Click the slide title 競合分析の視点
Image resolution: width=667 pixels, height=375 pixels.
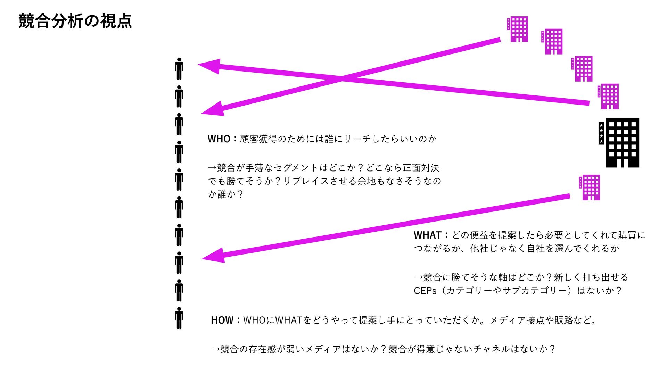tap(75, 21)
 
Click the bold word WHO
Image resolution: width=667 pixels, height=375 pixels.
tap(219, 139)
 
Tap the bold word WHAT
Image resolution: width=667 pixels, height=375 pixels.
tap(427, 235)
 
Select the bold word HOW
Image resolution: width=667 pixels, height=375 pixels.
tap(222, 320)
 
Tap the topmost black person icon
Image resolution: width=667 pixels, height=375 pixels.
tap(179, 69)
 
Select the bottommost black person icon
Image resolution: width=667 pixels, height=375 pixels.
tap(179, 318)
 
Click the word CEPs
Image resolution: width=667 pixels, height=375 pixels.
tap(425, 291)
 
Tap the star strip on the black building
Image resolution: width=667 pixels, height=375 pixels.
tap(601, 133)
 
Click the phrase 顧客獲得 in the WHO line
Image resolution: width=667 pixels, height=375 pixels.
tap(258, 139)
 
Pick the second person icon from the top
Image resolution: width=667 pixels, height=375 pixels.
tap(179, 97)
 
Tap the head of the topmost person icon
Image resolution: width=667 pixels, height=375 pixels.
tap(179, 60)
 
